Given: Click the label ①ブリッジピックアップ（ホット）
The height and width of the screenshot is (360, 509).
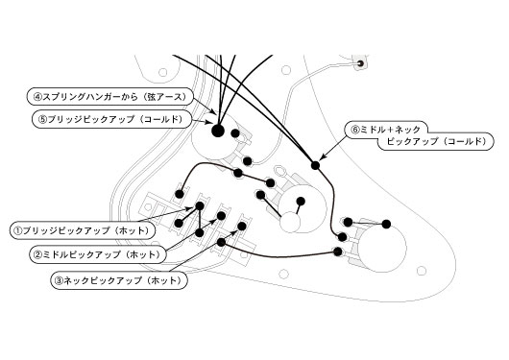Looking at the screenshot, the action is tap(83, 230).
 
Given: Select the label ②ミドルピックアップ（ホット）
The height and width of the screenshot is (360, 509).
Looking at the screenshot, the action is tap(98, 254).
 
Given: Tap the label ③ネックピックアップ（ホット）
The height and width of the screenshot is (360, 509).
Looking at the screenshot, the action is tap(119, 280).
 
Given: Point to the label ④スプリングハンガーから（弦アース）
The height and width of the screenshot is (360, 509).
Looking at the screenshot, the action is tap(110, 97).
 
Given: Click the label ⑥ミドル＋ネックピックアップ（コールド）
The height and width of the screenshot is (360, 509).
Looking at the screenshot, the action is tap(419, 135).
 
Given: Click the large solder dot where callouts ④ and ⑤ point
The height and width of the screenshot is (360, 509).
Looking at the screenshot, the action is tap(218, 131).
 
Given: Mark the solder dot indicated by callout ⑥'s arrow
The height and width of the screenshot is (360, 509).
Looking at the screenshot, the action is tap(315, 165).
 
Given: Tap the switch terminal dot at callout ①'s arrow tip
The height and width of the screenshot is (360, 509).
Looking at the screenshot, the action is tap(200, 205).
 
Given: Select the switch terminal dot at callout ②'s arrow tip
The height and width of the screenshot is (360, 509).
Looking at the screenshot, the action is tap(221, 216).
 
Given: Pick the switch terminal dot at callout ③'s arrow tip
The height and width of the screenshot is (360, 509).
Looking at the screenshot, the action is tap(242, 227).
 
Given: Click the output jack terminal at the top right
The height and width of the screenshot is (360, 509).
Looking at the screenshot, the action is tap(361, 63).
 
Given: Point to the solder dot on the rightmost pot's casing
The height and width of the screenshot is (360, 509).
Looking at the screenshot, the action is tap(386, 224).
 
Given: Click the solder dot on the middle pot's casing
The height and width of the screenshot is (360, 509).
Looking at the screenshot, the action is tap(301, 202).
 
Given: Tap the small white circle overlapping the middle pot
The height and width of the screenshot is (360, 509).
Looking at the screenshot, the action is tap(290, 223).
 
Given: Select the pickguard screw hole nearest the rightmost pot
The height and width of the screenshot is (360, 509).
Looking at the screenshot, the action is tap(422, 271).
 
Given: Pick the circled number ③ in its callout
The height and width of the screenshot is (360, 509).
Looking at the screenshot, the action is tap(59, 280).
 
